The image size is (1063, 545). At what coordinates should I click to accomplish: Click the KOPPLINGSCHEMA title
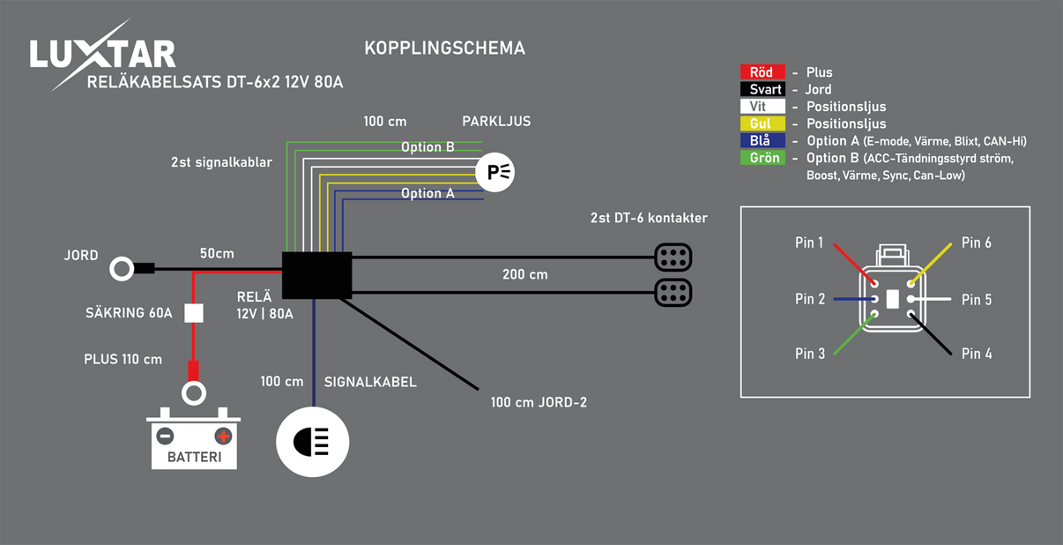[444, 49]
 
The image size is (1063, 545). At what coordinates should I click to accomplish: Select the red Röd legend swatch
[762, 72]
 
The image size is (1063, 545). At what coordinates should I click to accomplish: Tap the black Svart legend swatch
[762, 89]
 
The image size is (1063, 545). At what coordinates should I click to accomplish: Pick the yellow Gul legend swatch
[762, 123]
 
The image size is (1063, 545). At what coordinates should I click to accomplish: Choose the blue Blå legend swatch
[762, 141]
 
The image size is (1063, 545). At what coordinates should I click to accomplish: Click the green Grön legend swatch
[762, 159]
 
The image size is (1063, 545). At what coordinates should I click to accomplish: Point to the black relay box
[316, 275]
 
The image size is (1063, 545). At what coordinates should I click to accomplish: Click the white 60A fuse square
[194, 313]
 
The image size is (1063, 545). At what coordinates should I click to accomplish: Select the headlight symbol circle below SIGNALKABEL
[313, 442]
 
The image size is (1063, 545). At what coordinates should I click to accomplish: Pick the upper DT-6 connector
[673, 258]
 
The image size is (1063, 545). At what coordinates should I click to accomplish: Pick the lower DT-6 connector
[673, 292]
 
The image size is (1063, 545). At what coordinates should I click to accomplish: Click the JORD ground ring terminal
[122, 269]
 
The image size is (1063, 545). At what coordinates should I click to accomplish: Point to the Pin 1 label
[809, 243]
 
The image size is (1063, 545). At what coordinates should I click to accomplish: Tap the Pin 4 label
[977, 354]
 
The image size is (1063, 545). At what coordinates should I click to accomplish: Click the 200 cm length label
[524, 275]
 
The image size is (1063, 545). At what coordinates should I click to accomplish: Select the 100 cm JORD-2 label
[539, 403]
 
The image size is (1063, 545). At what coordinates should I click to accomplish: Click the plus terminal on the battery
[223, 436]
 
